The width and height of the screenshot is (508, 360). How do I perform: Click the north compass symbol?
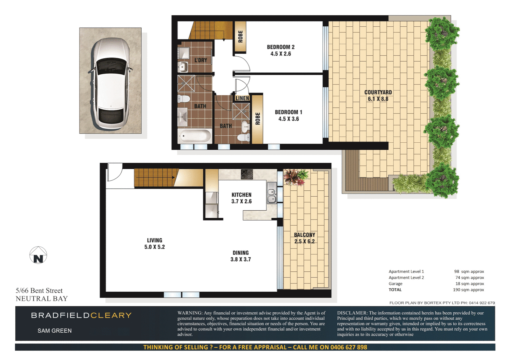pyautogui.click(x=38, y=255)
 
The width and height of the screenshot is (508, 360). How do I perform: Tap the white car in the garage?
pyautogui.click(x=110, y=85)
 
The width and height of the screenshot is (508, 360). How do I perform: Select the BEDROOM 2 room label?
pyautogui.click(x=280, y=47)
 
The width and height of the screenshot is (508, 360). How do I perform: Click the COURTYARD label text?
pyautogui.click(x=378, y=92)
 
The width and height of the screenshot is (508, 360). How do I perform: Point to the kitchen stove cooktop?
pyautogui.click(x=247, y=174)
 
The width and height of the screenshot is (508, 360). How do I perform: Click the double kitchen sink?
pyautogui.click(x=271, y=196)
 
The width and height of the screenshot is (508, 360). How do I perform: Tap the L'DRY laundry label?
pyautogui.click(x=201, y=60)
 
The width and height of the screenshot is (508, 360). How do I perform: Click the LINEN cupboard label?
pyautogui.click(x=242, y=98)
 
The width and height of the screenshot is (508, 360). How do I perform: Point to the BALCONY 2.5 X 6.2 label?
pyautogui.click(x=304, y=238)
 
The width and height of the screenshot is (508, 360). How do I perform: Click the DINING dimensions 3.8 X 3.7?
pyautogui.click(x=241, y=259)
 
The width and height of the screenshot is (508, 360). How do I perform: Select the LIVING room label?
pyautogui.click(x=155, y=240)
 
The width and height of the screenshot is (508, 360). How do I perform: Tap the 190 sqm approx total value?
pyautogui.click(x=468, y=290)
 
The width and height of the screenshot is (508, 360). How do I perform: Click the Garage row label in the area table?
pyautogui.click(x=395, y=284)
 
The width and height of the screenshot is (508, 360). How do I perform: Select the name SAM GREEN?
pyautogui.click(x=55, y=331)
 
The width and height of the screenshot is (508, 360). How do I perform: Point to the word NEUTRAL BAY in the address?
pyautogui.click(x=42, y=299)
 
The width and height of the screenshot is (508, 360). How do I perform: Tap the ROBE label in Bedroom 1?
pyautogui.click(x=257, y=119)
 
